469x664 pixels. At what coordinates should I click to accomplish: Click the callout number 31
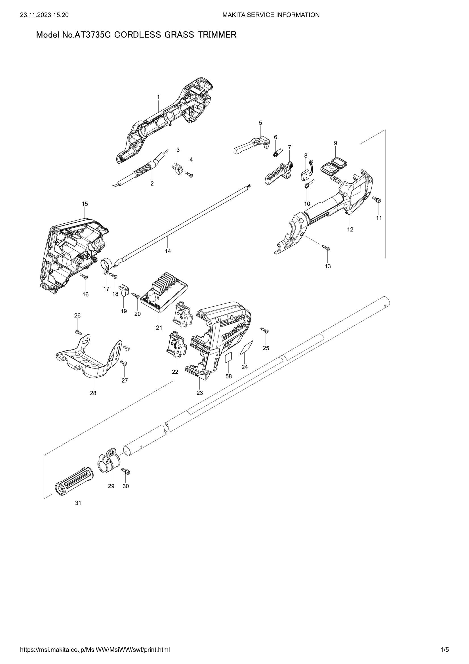coord(78,503)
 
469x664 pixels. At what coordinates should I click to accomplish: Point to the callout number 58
coord(229,376)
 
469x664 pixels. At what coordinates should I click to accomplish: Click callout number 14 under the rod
coord(168,251)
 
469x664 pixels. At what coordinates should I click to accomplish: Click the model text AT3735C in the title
coord(93,35)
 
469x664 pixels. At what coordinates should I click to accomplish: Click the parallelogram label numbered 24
coord(247,347)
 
